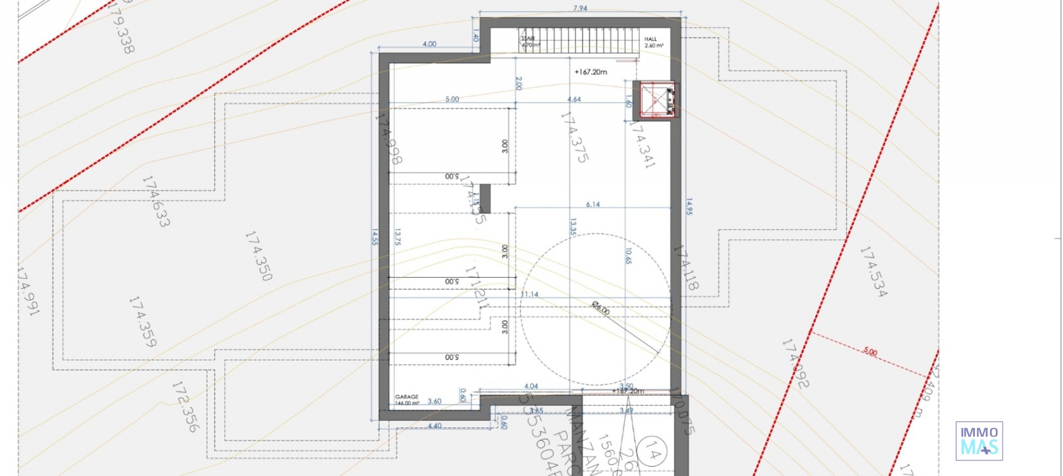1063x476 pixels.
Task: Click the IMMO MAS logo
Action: click(979, 441)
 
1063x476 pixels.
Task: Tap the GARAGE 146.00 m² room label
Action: click(407, 400)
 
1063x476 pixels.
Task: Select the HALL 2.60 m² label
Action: click(653, 42)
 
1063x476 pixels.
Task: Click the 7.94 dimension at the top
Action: click(580, 8)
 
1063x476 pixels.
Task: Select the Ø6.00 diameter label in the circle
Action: click(601, 308)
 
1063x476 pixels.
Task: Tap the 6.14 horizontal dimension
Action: click(593, 204)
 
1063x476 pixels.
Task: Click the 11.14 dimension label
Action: click(530, 294)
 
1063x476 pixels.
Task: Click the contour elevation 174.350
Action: click(259, 256)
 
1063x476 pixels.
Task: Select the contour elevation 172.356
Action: click(185, 406)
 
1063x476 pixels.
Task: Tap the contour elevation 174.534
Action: click(873, 271)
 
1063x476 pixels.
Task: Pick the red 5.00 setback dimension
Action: click(870, 351)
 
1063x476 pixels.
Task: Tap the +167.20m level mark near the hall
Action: click(591, 72)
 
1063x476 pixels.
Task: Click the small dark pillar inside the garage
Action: click(485, 199)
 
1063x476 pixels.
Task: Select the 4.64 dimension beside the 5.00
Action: click(574, 99)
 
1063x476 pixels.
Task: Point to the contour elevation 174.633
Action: click(156, 201)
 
